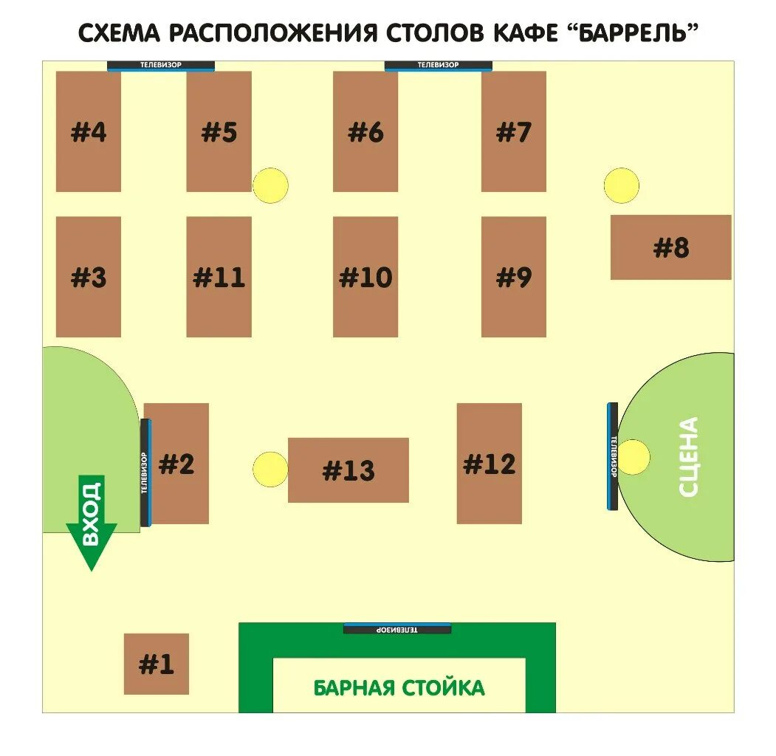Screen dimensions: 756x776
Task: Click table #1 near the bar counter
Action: pos(156,664)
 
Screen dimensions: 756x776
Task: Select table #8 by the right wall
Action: pos(670,247)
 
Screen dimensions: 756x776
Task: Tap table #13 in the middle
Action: pos(348,470)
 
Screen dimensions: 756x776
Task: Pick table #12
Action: pos(489,464)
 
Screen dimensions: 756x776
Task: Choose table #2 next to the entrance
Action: pos(177,464)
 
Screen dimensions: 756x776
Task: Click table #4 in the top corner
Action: pos(89,131)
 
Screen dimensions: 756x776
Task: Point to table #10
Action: pos(365,277)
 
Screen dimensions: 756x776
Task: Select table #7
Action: pos(514,131)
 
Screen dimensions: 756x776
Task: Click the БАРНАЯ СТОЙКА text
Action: pos(399,688)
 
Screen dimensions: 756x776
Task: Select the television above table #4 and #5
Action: pos(161,66)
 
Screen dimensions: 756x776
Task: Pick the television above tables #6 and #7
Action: pos(438,66)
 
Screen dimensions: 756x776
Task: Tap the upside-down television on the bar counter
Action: pos(397,629)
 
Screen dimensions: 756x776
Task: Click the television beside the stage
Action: pos(612,456)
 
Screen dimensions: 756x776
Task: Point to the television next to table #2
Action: pos(145,472)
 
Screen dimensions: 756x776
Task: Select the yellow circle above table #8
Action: pos(621,186)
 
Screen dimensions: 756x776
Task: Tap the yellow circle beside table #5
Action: pos(270,186)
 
